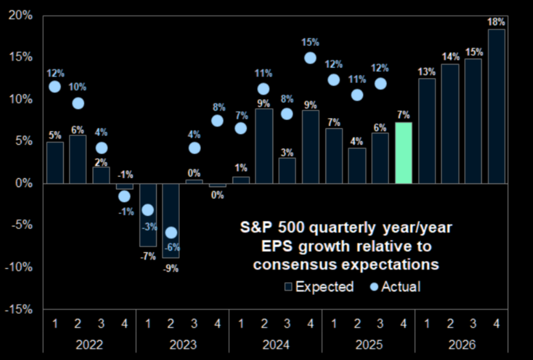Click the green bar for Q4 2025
click(x=403, y=153)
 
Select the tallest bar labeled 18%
click(x=496, y=106)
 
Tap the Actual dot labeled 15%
click(x=310, y=58)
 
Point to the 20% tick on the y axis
click(x=21, y=15)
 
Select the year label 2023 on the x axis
click(x=182, y=345)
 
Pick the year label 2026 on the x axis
click(x=461, y=345)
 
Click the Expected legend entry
click(x=319, y=287)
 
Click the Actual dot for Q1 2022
click(x=55, y=87)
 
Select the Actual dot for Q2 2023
click(x=171, y=232)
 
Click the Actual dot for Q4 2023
click(x=217, y=121)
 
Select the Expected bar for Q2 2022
click(x=78, y=159)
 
